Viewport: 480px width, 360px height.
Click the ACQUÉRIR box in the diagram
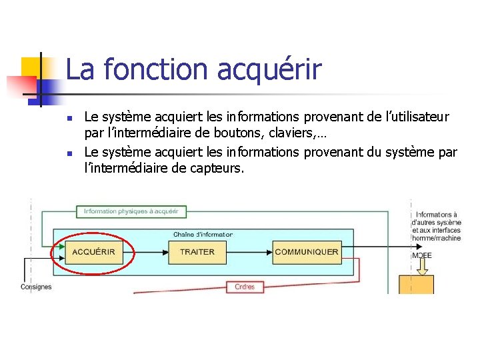click(x=94, y=252)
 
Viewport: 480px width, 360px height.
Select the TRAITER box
click(x=197, y=252)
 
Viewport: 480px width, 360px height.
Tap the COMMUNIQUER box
click(x=307, y=252)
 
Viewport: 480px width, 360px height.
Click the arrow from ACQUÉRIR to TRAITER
click(x=146, y=252)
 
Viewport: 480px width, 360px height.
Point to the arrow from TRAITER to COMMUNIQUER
click(x=249, y=252)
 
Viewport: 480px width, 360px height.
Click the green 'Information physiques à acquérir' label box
click(x=131, y=211)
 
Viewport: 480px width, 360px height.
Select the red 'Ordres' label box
click(x=245, y=287)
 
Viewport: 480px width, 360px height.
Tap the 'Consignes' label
click(x=36, y=287)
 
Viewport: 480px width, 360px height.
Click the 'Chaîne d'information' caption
click(x=203, y=235)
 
